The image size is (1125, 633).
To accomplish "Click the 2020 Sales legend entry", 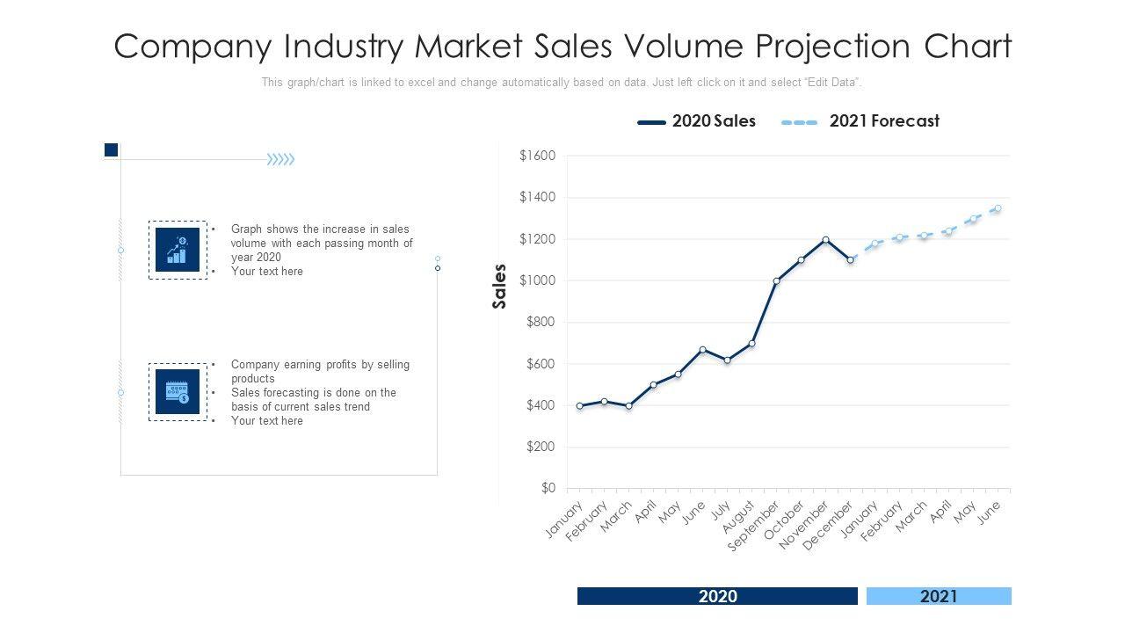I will tap(697, 121).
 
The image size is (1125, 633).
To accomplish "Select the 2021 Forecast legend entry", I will tap(860, 121).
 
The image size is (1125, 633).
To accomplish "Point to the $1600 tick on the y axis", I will tap(537, 156).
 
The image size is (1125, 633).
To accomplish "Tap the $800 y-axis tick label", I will tap(540, 323).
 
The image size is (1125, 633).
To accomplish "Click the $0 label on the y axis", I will tap(548, 488).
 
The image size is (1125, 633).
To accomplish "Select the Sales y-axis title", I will tap(500, 287).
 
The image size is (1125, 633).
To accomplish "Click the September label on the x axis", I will tap(754, 527).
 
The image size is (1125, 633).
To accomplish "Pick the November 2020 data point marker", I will tap(825, 239).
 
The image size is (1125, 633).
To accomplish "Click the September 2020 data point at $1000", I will tap(776, 281).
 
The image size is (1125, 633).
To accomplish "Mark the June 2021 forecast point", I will tap(998, 208).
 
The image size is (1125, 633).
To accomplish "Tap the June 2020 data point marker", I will tap(702, 350).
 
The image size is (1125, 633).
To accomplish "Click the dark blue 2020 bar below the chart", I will tap(717, 596).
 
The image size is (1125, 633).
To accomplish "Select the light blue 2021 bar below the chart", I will tap(939, 596).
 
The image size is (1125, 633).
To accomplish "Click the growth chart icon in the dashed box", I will tap(178, 250).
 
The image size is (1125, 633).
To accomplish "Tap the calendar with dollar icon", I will tap(178, 391).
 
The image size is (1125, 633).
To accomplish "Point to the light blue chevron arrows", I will tap(281, 159).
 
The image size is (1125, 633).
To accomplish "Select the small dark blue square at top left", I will tap(111, 149).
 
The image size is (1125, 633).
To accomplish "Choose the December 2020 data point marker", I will tap(850, 260).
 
